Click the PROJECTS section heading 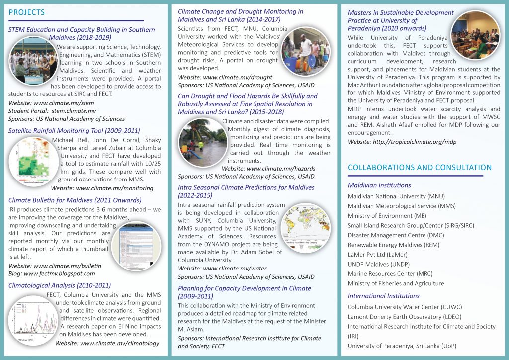pyautogui.click(x=27, y=12)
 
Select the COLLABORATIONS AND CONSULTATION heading pyautogui.click(x=420, y=168)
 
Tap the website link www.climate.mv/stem pyautogui.click(x=51, y=103)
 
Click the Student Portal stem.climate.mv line pyautogui.click(x=52, y=111)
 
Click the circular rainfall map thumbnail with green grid pyautogui.click(x=30, y=162)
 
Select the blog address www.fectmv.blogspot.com pyautogui.click(x=52, y=273)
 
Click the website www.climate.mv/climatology pyautogui.click(x=107, y=343)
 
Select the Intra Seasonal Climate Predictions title pyautogui.click(x=246, y=187)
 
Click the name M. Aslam pyautogui.click(x=189, y=329)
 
